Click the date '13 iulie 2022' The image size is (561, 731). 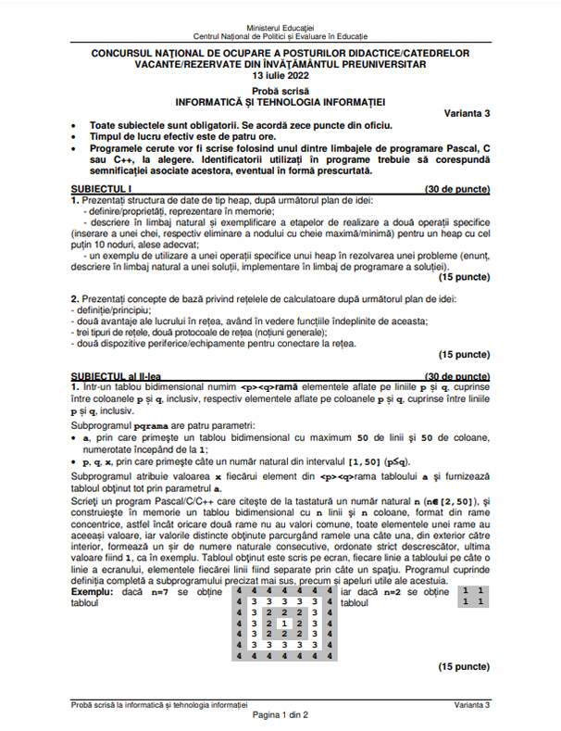tap(280, 76)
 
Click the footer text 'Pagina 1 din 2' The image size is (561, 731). tap(280, 715)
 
